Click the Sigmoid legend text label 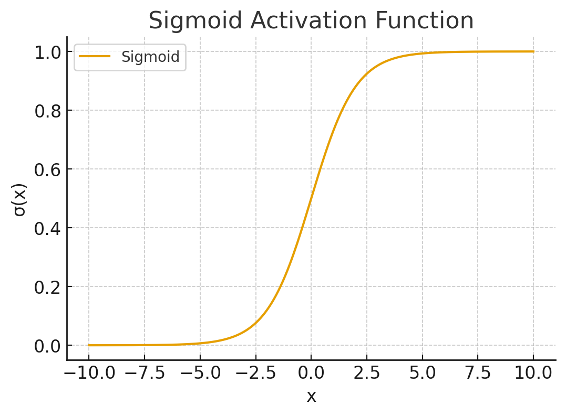click(x=150, y=57)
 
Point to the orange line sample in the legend click(x=95, y=57)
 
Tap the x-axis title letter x click(x=311, y=397)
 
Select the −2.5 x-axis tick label click(x=255, y=374)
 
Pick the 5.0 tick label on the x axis click(x=423, y=374)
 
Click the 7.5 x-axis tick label click(x=478, y=374)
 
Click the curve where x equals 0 click(x=311, y=198)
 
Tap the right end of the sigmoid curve click(x=533, y=51)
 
